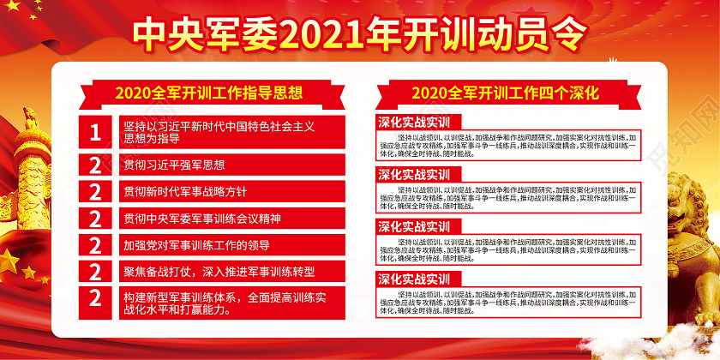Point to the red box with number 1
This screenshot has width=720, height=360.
95,132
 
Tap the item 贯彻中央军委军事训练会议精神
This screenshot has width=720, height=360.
202,219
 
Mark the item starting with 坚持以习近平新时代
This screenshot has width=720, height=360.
219,132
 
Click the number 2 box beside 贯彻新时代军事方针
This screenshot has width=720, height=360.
95,192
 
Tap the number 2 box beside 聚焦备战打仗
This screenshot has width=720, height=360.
95,272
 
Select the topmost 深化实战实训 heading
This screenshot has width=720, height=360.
415,122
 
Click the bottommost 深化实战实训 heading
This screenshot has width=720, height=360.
415,279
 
